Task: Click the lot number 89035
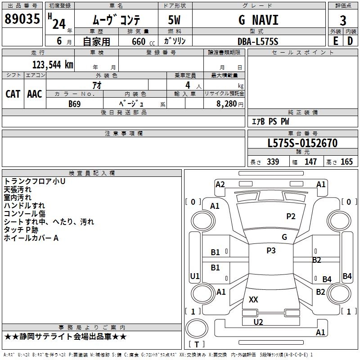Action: pos(22,19)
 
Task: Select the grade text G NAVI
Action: pos(258,20)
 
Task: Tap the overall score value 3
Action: pos(343,21)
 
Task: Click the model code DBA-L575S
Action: pos(258,41)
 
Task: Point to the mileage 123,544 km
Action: pos(53,64)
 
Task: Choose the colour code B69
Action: pos(75,103)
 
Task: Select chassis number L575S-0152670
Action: pos(302,143)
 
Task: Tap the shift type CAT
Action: pos(13,94)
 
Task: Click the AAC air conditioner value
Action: pos(35,94)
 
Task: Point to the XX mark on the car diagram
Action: pos(253,299)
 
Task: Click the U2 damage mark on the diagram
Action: pos(258,322)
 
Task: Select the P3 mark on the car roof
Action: pos(271,251)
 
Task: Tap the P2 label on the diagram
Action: pos(291,216)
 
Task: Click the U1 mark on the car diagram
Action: pos(195,276)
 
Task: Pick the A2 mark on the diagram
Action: pos(220,184)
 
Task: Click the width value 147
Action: pos(310,162)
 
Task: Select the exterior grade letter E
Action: pos(335,41)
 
